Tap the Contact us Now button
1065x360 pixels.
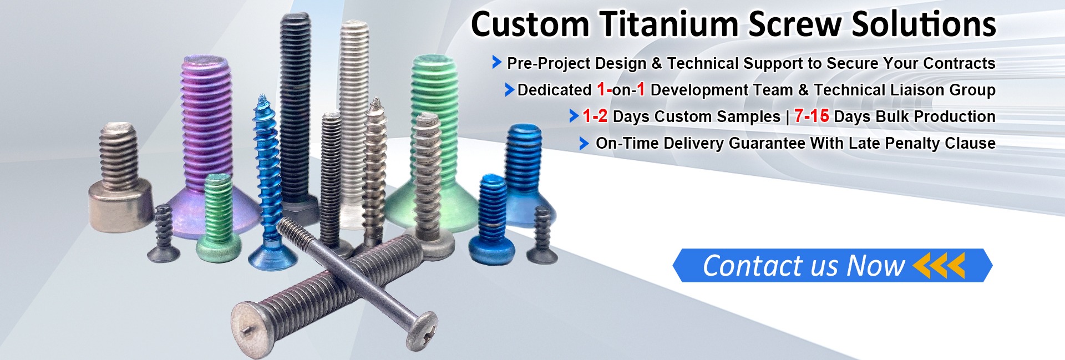[x=832, y=265]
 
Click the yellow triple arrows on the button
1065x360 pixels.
[x=939, y=265]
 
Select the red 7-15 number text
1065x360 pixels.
[x=812, y=116]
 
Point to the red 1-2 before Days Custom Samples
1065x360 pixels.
[x=595, y=116]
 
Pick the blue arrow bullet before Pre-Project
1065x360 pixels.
[x=497, y=63]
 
